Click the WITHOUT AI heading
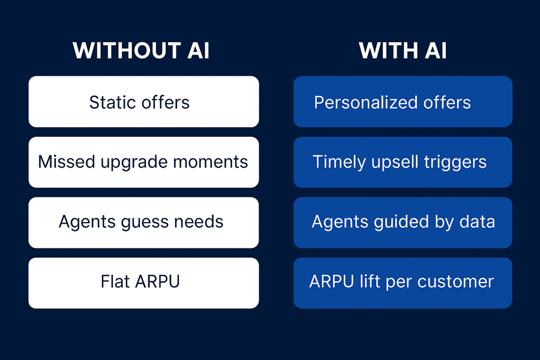[x=141, y=51]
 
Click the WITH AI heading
[x=403, y=51]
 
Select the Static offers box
[x=143, y=102]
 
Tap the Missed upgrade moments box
[x=143, y=162]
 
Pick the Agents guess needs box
[x=143, y=222]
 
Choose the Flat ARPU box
[x=143, y=283]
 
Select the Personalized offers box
[x=403, y=102]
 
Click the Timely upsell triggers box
[x=403, y=162]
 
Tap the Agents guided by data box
[x=403, y=222]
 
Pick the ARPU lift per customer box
[x=403, y=283]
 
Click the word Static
[x=112, y=102]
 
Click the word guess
[x=139, y=223]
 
